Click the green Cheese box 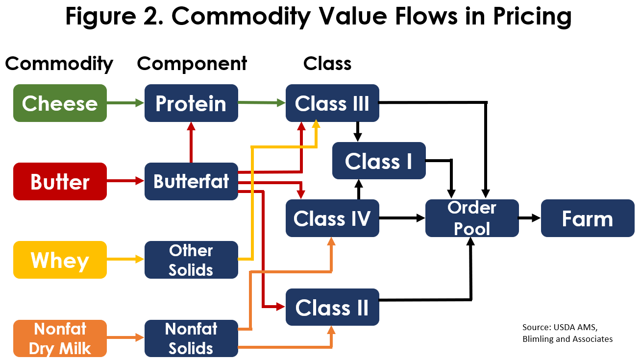coord(60,103)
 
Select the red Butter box coord(60,181)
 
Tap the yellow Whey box coord(60,260)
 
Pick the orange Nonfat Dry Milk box coord(60,338)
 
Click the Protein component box coord(191,103)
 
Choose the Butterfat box coord(191,181)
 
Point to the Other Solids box coord(191,260)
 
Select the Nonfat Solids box coord(191,338)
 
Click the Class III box coord(333,103)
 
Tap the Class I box coord(379,161)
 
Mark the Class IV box coord(333,218)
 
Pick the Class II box coord(333,307)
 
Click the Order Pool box coord(472,218)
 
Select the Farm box coord(588,218)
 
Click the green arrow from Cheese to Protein coord(125,103)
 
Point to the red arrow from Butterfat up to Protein coord(191,143)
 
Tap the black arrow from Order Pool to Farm coord(530,218)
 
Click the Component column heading coord(192,64)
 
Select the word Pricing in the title coord(532,17)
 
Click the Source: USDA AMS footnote coord(560,327)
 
